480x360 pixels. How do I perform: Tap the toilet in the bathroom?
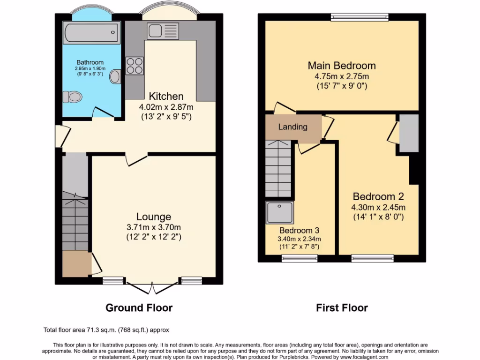(73, 97)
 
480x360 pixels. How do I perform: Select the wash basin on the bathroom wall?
(115, 76)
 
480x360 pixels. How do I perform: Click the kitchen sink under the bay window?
(162, 31)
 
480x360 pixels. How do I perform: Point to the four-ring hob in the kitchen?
(134, 65)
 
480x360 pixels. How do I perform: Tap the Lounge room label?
(153, 217)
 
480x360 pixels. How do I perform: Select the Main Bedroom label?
(341, 65)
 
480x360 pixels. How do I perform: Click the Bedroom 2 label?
(378, 196)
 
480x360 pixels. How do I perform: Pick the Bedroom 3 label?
(299, 230)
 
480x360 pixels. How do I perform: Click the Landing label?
(292, 127)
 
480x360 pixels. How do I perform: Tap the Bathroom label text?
(90, 62)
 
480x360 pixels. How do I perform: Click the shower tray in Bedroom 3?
(279, 212)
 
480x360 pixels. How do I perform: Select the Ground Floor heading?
(139, 308)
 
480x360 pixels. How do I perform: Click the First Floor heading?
(342, 308)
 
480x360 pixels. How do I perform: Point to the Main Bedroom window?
(360, 17)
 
